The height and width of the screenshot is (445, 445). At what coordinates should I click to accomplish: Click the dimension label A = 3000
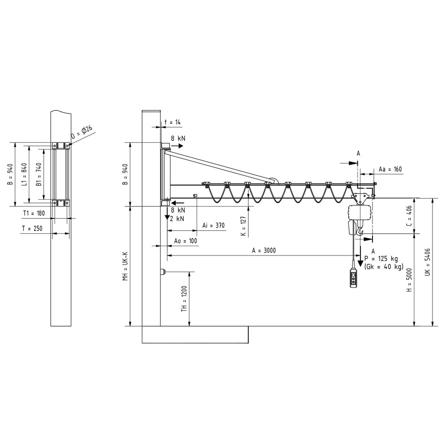click(x=263, y=250)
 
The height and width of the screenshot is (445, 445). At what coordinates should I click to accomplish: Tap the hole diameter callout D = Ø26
click(x=82, y=132)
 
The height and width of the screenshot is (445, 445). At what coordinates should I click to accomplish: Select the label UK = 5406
click(x=428, y=262)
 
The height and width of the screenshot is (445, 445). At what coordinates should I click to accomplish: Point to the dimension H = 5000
click(x=409, y=280)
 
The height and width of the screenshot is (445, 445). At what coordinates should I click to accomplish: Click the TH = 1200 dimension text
click(x=184, y=299)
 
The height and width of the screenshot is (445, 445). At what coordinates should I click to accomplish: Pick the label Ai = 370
click(x=214, y=226)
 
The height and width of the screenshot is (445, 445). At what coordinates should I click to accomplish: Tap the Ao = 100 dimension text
click(x=185, y=241)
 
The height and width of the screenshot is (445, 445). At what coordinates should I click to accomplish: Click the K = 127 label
click(x=244, y=226)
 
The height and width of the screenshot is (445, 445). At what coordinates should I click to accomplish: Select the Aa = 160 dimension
click(x=390, y=169)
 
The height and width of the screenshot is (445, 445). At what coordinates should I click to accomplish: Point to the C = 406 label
click(x=409, y=215)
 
